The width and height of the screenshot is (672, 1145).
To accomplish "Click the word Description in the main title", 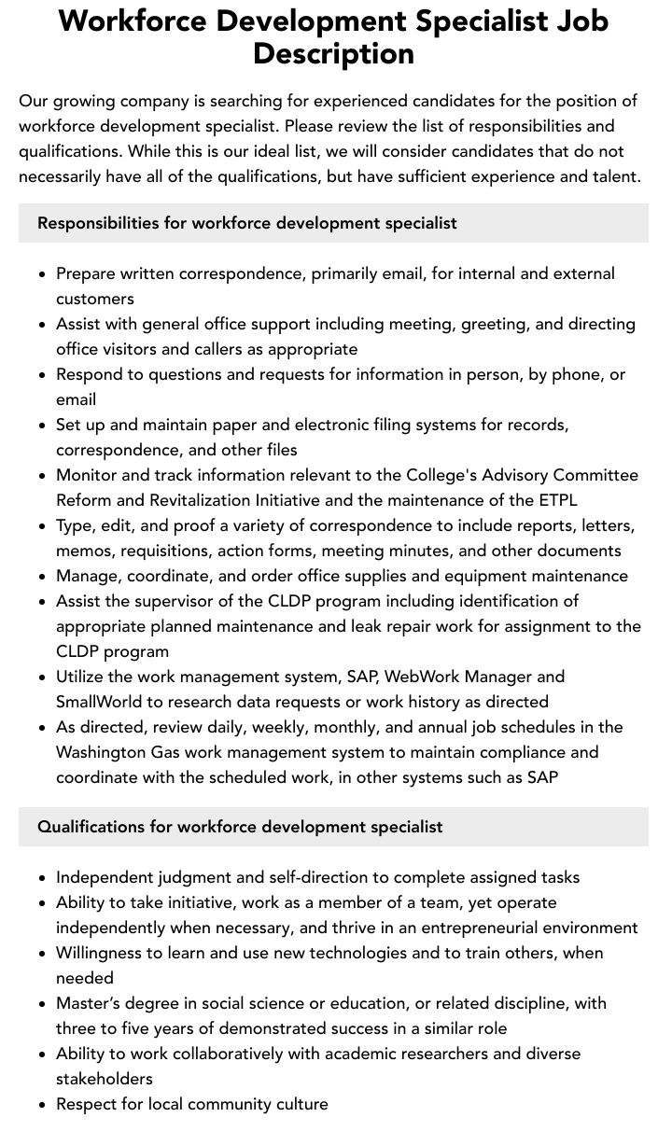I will [333, 54].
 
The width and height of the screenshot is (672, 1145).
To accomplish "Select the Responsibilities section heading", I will [247, 223].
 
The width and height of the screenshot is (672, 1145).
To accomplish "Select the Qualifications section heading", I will [240, 827].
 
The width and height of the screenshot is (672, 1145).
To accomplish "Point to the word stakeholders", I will [104, 1079].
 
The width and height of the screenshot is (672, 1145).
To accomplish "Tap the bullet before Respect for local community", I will [43, 1105].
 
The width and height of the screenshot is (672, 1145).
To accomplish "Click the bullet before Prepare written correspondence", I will [43, 274].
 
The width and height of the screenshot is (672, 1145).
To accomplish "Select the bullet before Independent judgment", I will [43, 878].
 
